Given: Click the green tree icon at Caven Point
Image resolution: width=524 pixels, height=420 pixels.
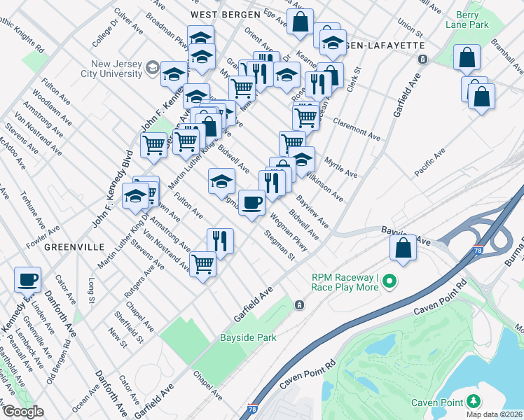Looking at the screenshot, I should pos(474,401).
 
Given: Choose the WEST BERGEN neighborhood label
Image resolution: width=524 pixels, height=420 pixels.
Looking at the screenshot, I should pos(222,13).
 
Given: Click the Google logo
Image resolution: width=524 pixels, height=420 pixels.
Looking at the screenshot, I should pos(22,412).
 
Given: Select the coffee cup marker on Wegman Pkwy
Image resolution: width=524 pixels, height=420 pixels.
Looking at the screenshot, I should pos(251,203).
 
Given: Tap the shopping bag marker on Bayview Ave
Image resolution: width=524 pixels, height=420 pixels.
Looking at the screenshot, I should pos(404,248).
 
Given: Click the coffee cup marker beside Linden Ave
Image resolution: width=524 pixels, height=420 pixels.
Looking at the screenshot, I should pos(28,280).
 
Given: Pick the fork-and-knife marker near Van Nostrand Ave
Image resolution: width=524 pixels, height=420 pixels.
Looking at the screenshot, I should pos(220,241).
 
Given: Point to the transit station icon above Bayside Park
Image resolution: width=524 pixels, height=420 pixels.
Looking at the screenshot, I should pos(299,304).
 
